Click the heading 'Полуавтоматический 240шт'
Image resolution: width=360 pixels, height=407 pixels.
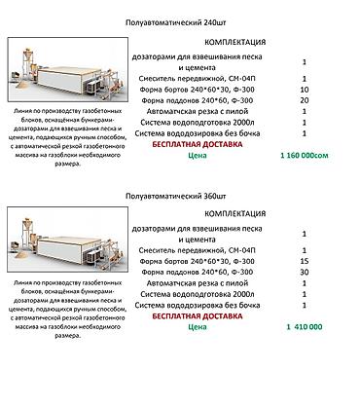pyautogui.click(x=179, y=20)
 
